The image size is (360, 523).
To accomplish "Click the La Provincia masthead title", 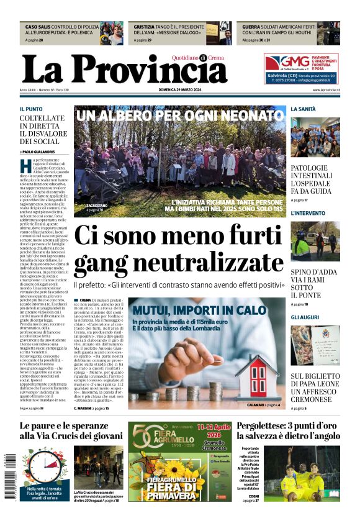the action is pyautogui.click(x=124, y=68).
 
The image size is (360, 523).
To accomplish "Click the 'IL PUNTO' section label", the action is pyautogui.click(x=31, y=109).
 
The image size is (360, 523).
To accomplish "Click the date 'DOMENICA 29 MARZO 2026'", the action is pyautogui.click(x=186, y=90).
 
